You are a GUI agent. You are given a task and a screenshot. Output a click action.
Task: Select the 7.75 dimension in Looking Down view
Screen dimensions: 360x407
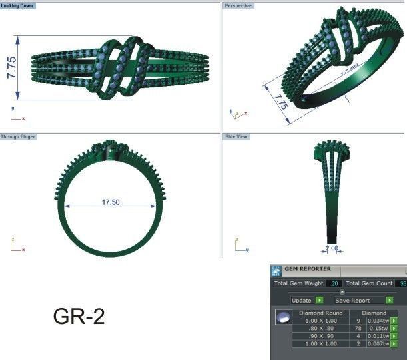point(12,68)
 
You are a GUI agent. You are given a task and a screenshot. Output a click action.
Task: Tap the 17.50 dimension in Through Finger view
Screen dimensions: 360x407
point(111,202)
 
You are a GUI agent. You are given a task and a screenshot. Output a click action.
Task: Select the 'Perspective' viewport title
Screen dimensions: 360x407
point(238,5)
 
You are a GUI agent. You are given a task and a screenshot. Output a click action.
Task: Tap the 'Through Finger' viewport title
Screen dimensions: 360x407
point(19,136)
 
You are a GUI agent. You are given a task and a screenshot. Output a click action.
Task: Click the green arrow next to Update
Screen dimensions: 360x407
point(319,301)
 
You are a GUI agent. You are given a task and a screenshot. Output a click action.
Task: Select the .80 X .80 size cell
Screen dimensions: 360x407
point(320,328)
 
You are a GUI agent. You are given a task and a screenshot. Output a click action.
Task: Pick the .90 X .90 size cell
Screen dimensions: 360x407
point(320,336)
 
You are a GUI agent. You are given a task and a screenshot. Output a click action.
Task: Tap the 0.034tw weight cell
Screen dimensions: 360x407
point(378,320)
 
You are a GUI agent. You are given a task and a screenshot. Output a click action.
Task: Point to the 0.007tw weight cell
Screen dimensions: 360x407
point(378,344)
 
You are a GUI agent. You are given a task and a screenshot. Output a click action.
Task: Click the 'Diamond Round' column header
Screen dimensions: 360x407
point(320,312)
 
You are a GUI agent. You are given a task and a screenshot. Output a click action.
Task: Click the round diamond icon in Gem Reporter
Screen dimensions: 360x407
point(282,319)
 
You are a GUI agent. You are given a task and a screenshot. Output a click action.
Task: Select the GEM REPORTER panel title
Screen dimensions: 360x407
point(308,270)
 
